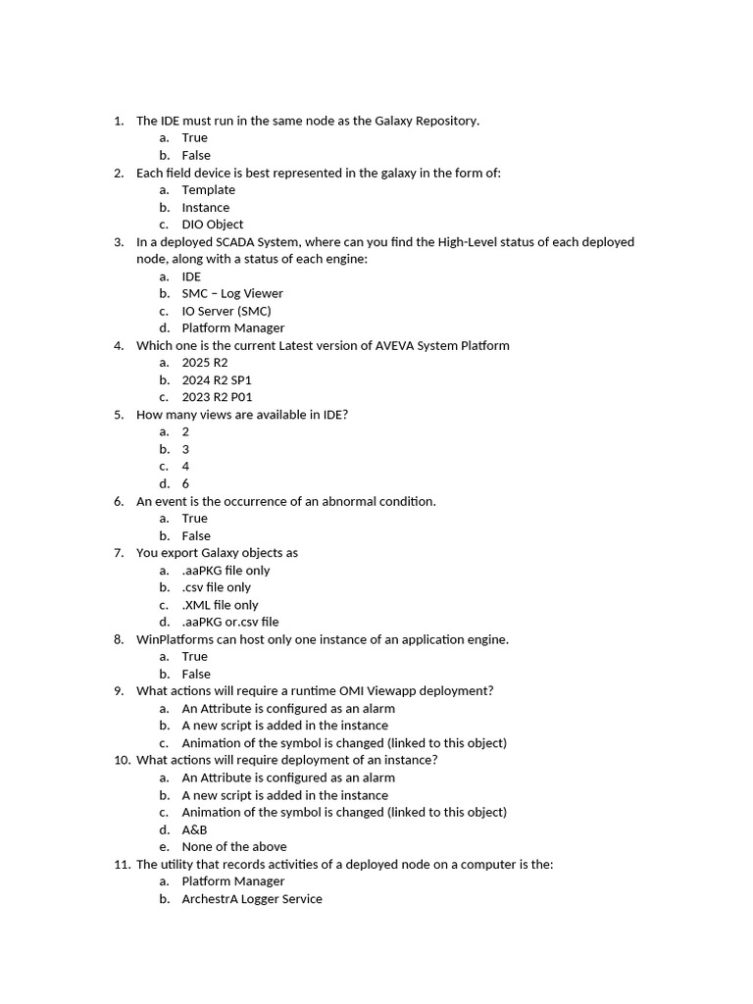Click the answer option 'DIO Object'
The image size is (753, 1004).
(x=212, y=225)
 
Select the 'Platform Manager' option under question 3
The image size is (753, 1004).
(x=232, y=328)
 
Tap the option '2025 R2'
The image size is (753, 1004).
(x=204, y=363)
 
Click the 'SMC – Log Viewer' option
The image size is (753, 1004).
(x=231, y=293)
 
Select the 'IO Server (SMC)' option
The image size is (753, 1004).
(x=226, y=311)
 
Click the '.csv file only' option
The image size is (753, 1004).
(x=216, y=587)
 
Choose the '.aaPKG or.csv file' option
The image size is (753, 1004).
(x=229, y=622)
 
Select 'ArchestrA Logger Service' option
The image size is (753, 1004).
(x=251, y=899)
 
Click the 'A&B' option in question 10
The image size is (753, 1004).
(x=194, y=829)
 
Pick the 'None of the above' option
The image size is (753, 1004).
(x=233, y=847)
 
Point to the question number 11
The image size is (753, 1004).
(x=121, y=865)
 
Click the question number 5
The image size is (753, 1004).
(x=118, y=415)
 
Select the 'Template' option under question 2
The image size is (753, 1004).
(x=208, y=190)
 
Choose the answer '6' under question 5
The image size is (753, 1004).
(x=185, y=483)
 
